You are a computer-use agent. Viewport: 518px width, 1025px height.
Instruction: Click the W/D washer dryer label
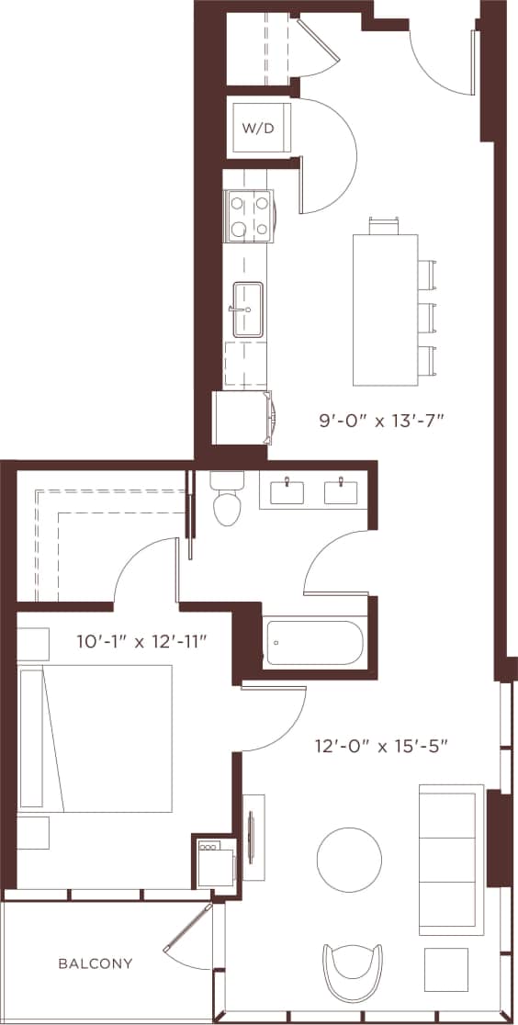[258, 129]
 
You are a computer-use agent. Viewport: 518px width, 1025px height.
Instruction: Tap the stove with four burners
[249, 216]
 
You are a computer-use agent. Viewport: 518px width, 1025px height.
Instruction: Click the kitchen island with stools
[385, 310]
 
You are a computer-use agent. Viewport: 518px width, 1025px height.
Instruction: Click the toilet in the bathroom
[225, 500]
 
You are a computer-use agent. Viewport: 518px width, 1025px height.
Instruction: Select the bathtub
[314, 643]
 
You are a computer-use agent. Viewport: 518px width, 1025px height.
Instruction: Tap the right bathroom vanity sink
[344, 491]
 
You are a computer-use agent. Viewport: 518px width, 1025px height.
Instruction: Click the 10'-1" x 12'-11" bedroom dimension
[140, 641]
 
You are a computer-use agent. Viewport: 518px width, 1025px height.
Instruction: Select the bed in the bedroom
[96, 738]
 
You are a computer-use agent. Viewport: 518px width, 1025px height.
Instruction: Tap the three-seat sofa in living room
[451, 859]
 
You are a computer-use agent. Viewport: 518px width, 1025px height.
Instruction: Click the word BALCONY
[95, 963]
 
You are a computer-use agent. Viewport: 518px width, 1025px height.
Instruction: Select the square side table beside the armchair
[446, 970]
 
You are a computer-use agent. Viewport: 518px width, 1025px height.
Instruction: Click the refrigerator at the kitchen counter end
[241, 418]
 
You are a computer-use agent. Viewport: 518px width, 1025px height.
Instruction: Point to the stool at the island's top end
[385, 225]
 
